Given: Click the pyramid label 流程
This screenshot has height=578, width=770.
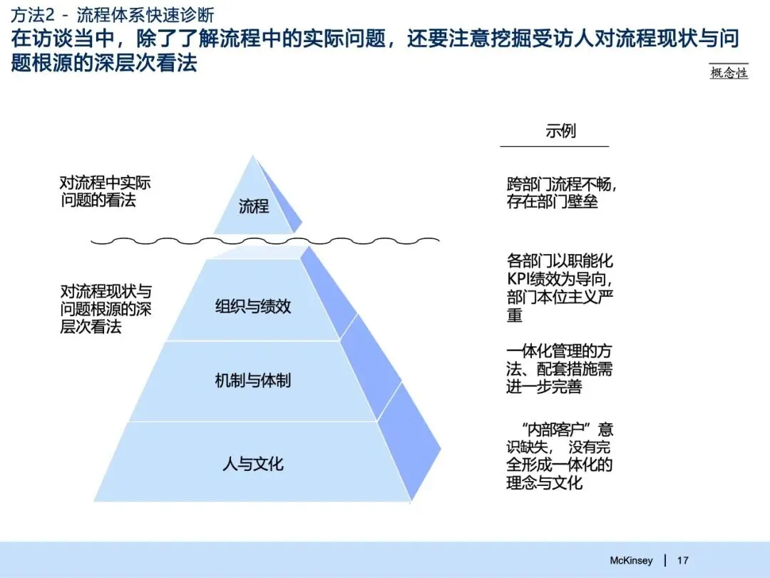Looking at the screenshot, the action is click(254, 207).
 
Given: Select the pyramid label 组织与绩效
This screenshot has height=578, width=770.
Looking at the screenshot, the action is click(253, 307).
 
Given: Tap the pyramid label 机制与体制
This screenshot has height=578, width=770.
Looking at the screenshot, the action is click(253, 380).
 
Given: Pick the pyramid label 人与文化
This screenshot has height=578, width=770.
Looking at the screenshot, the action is click(253, 465).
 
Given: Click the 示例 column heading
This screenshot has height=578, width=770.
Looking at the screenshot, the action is click(560, 131).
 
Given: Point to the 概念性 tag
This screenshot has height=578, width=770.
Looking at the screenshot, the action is click(729, 73).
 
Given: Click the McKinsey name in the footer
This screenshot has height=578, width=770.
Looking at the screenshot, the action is click(631, 560).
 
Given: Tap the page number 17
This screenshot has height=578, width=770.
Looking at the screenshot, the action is click(682, 560).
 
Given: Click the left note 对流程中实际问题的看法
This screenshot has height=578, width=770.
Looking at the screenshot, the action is click(106, 191).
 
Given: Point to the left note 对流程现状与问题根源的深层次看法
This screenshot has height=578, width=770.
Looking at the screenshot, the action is click(106, 309).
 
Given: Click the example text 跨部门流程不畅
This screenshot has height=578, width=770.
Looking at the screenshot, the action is click(562, 184).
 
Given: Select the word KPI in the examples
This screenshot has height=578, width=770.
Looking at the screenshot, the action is click(520, 279).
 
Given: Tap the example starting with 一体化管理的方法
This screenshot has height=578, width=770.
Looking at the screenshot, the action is click(560, 369).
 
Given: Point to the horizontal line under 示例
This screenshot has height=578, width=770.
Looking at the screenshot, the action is click(555, 146).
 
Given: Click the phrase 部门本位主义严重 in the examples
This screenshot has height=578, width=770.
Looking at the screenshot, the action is click(560, 305).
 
